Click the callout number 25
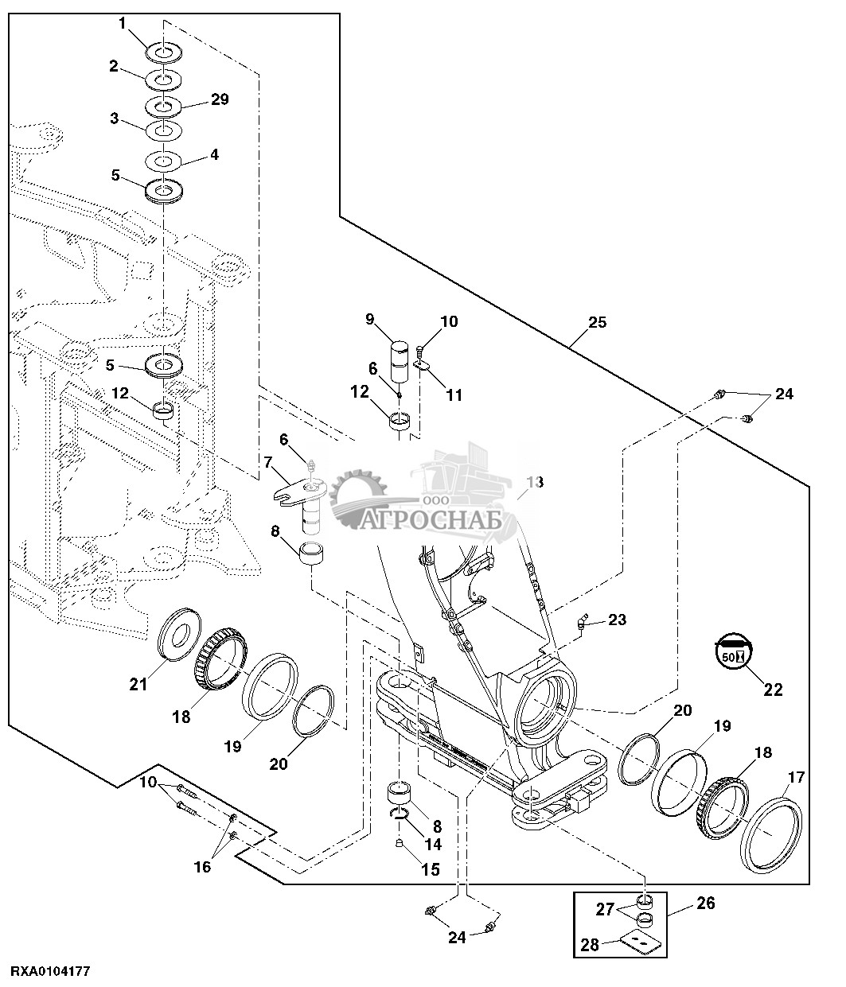tap(596, 322)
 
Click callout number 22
tap(773, 690)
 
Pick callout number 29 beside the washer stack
tap(219, 99)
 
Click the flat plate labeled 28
tap(640, 942)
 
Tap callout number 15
tap(430, 870)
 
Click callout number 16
tap(202, 867)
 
